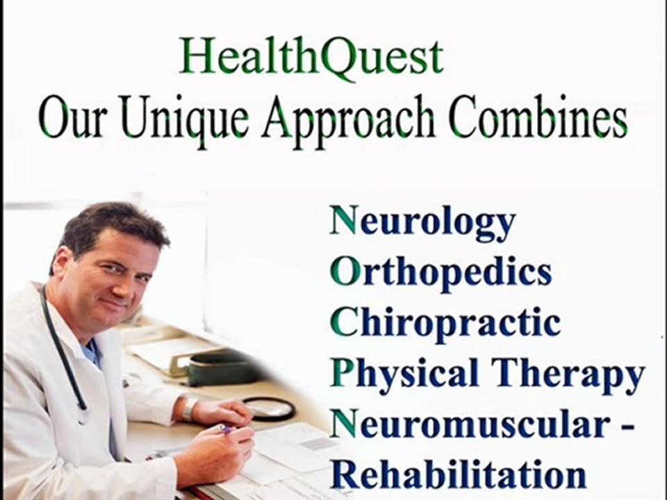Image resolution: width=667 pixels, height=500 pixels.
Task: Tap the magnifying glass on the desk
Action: coord(270,408)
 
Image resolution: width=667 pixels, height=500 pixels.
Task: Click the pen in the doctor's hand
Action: coord(224,428)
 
